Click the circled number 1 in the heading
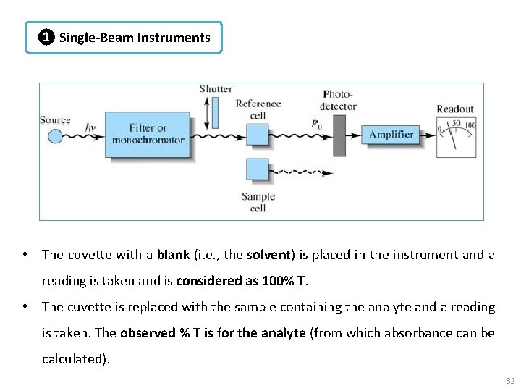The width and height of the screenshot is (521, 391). tap(46, 38)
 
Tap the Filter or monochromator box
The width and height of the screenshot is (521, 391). tap(148, 134)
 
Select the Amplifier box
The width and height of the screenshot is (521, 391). tap(391, 134)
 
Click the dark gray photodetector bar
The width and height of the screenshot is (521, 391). tap(339, 134)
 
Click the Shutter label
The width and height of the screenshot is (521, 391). tap(216, 89)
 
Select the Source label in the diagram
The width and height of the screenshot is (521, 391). tap(55, 120)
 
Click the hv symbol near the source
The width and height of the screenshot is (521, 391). tap(90, 128)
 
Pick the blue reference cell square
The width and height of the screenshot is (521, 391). tap(257, 134)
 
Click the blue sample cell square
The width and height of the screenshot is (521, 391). tap(257, 169)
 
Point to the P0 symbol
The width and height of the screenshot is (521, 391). tap(316, 125)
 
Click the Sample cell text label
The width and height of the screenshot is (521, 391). tap(258, 202)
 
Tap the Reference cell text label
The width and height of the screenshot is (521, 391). tap(258, 109)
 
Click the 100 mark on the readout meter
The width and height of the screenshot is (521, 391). tap(470, 125)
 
